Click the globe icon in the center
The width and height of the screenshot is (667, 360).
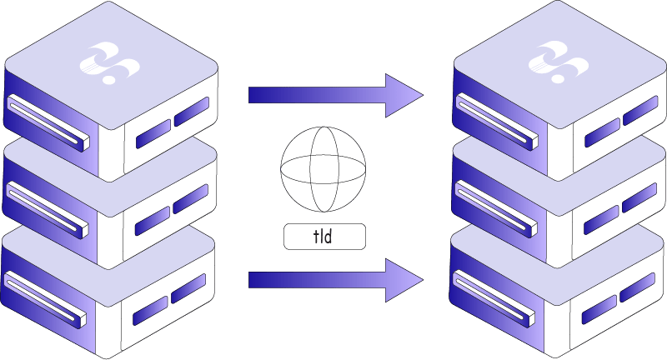pos(323,173)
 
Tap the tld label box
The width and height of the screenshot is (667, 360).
pos(324,237)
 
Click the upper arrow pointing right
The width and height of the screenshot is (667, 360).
pos(333,94)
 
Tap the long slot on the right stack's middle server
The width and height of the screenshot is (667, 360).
pos(494,204)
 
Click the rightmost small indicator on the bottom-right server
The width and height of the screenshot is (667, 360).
pos(639,286)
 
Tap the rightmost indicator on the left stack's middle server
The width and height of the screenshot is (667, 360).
pos(191,197)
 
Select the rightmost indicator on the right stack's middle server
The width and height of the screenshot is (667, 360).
pos(639,197)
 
